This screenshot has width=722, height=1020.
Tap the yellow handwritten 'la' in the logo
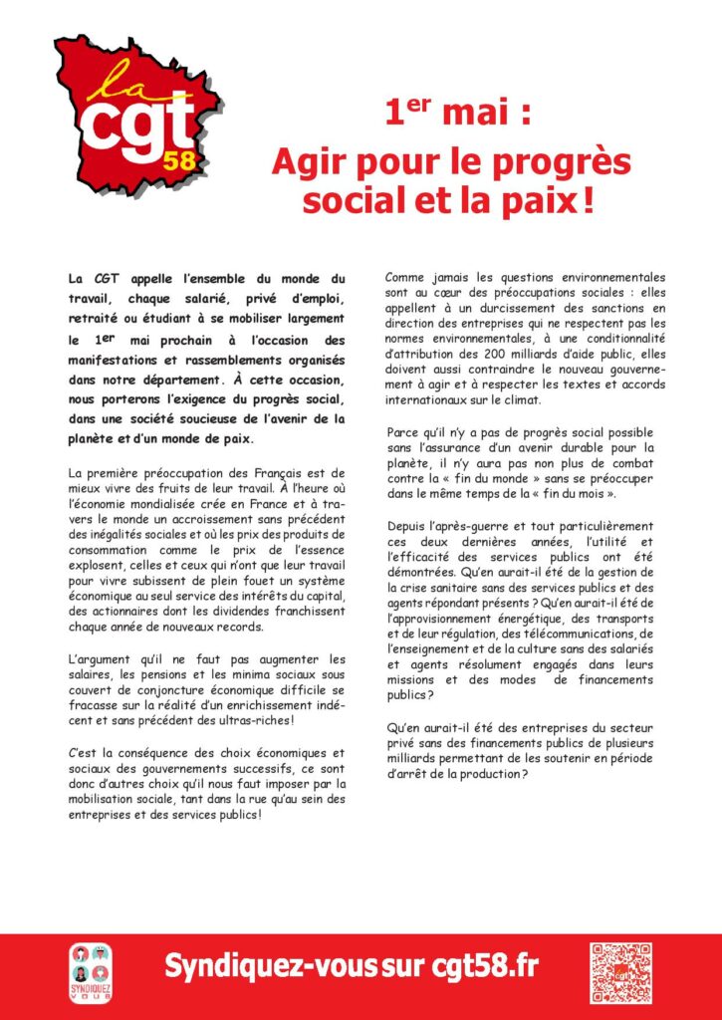(x=106, y=82)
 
